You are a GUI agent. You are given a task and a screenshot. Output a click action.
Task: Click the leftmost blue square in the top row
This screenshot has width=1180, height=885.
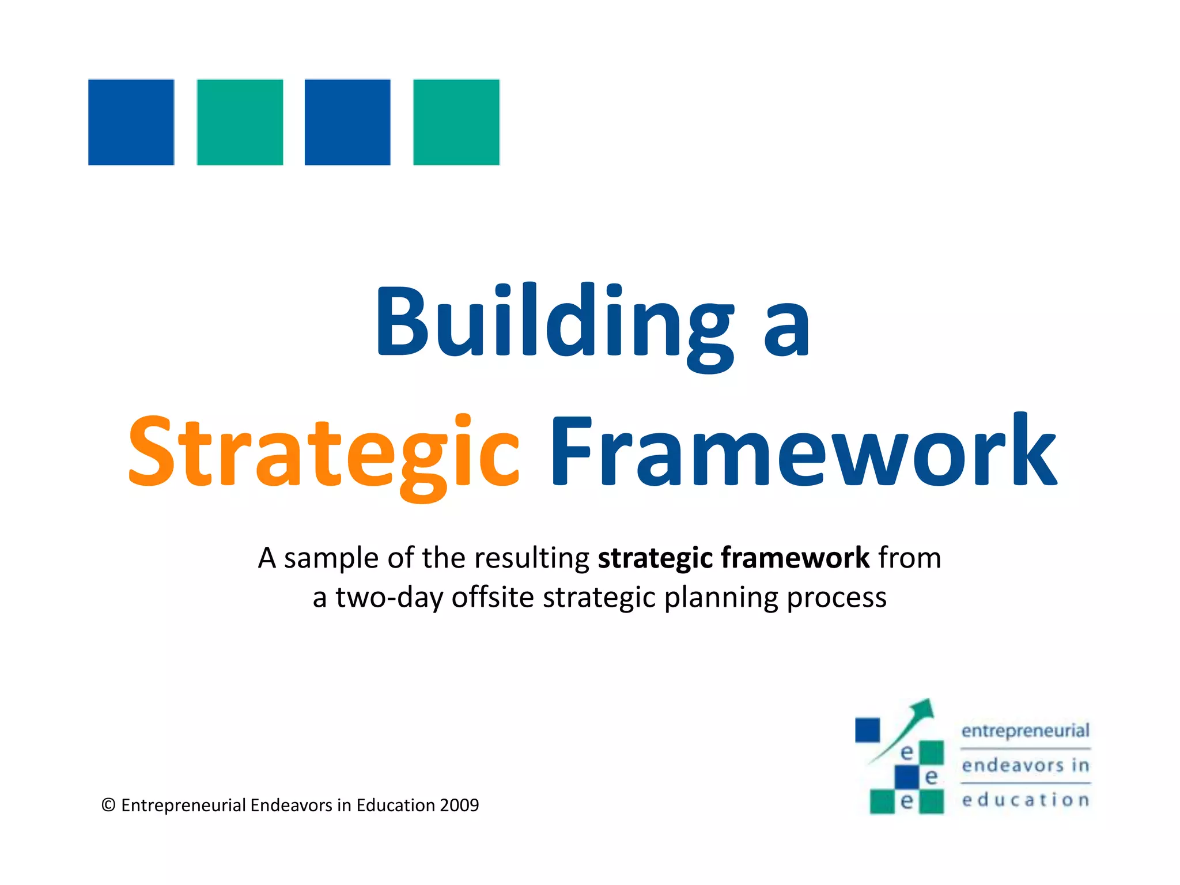131,122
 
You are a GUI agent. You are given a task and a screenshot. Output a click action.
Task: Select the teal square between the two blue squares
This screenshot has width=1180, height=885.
240,122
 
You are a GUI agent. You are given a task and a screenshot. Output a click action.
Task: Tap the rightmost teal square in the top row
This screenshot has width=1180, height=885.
456,122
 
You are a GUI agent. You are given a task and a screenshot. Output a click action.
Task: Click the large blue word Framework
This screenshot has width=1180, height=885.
803,452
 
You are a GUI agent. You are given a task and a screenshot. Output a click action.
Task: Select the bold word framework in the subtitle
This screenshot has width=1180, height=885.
795,558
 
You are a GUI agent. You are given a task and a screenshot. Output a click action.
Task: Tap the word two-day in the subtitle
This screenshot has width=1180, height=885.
388,597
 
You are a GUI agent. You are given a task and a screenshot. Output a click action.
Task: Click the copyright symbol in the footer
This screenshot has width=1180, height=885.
108,805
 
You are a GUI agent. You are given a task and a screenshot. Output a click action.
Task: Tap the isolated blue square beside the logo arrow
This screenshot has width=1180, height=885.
867,730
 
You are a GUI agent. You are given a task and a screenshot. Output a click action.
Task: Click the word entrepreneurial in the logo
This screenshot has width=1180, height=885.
1025,731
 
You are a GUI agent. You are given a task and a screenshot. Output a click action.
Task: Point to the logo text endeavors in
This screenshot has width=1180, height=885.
1025,765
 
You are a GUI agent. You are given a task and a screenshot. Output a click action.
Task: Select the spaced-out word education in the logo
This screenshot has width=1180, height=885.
1025,800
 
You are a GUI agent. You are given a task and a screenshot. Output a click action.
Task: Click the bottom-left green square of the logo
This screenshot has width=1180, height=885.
882,801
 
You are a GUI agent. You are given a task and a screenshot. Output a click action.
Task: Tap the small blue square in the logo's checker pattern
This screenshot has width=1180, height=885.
906,777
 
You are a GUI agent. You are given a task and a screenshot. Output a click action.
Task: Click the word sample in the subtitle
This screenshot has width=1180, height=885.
331,558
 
